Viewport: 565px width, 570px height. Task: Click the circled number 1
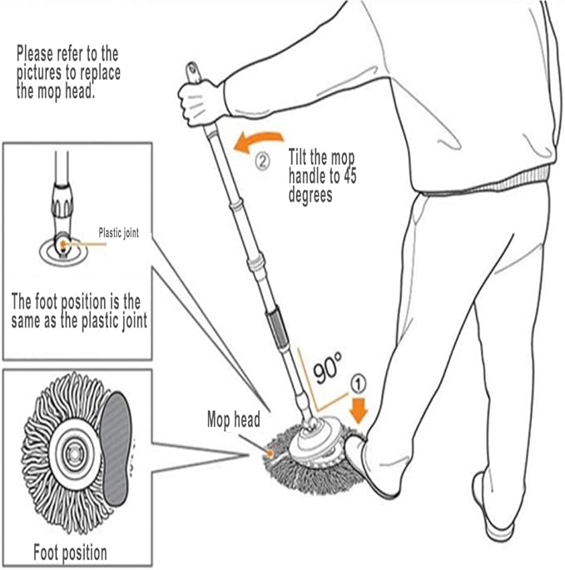click(359, 384)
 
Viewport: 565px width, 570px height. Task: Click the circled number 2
click(262, 161)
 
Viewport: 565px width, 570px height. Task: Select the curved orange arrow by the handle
click(256, 141)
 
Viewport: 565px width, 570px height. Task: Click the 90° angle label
click(328, 368)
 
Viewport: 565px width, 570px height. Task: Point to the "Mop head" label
click(234, 420)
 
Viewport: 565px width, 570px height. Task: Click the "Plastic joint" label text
click(118, 233)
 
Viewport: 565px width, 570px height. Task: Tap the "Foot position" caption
click(70, 553)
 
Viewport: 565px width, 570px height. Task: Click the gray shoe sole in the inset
click(116, 449)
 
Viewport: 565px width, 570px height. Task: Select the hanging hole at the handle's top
click(192, 69)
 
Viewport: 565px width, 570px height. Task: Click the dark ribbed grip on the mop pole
click(277, 327)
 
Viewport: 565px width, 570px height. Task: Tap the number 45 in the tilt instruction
click(349, 176)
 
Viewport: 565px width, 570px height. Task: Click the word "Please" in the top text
click(35, 54)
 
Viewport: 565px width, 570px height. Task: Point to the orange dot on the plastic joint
click(63, 244)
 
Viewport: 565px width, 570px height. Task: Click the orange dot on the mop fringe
click(270, 453)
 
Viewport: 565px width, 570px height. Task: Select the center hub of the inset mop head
click(76, 453)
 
